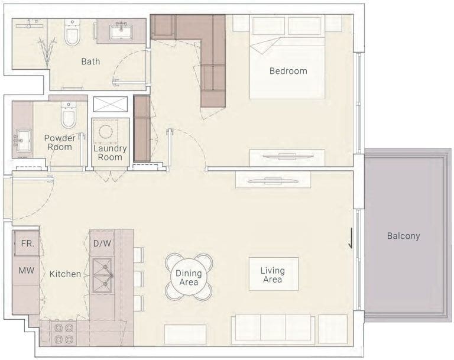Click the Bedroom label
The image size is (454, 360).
click(x=288, y=71)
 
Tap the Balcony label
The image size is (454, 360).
click(x=403, y=236)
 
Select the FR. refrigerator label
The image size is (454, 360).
click(x=28, y=244)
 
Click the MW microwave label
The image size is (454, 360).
click(x=27, y=271)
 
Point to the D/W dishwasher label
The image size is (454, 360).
click(x=102, y=244)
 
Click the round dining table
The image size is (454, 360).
click(x=189, y=277)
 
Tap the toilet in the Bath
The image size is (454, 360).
click(x=72, y=33)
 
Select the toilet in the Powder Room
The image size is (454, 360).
click(x=69, y=115)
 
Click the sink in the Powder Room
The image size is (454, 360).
click(x=24, y=141)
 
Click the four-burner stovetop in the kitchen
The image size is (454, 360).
click(x=64, y=333)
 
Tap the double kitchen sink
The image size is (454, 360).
click(x=102, y=275)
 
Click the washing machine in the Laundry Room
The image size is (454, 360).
click(x=105, y=131)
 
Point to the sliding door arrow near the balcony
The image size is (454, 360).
click(x=351, y=238)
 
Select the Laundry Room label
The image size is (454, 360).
click(x=110, y=153)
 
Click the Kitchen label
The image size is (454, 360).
click(x=65, y=274)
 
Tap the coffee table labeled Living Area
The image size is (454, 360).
click(x=274, y=274)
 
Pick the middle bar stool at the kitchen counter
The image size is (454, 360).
click(x=138, y=279)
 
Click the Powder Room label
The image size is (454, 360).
click(x=60, y=142)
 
